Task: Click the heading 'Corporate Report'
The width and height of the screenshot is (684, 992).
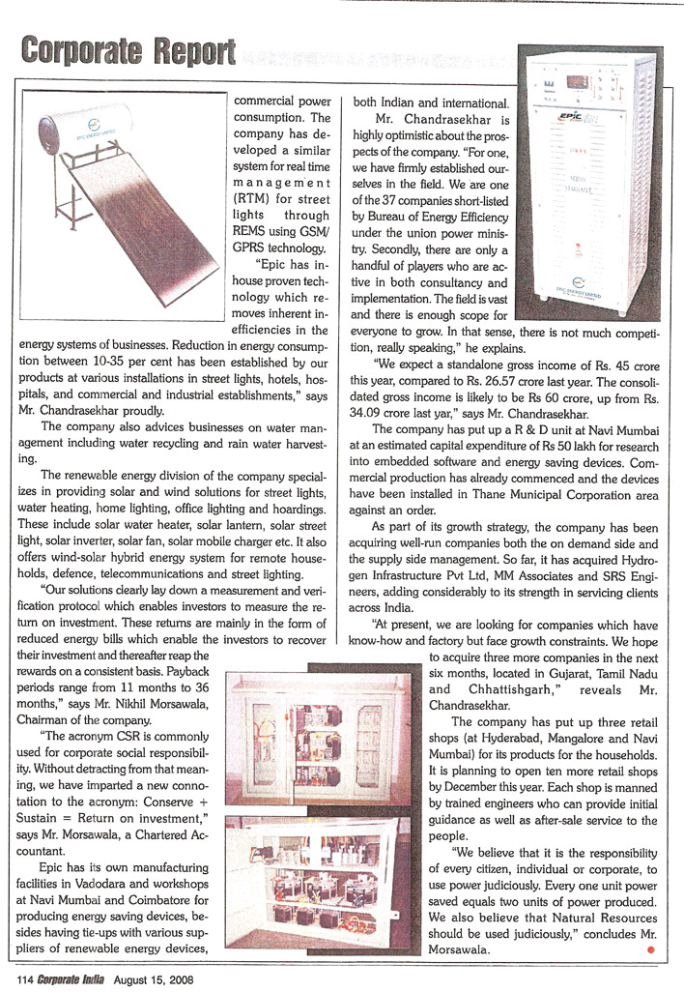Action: point(128,49)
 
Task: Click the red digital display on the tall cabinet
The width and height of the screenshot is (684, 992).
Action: point(579,81)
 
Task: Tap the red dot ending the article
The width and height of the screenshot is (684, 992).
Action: point(650,950)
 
